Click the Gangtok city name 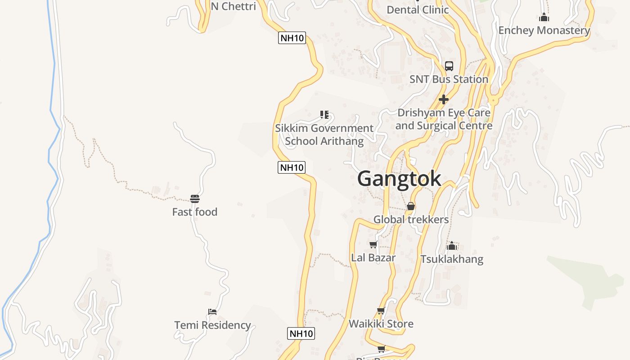(x=399, y=179)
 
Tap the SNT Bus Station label (x=449, y=79)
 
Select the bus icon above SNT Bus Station (x=449, y=66)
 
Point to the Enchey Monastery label (x=544, y=30)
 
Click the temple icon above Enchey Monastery (x=544, y=18)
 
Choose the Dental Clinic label (x=418, y=9)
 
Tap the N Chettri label (x=234, y=6)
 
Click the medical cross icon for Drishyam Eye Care (x=444, y=99)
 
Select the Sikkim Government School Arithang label (x=324, y=135)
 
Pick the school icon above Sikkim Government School (x=324, y=115)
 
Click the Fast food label (x=195, y=212)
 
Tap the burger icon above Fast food (x=195, y=199)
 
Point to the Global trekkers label (x=411, y=220)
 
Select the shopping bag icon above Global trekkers (x=411, y=207)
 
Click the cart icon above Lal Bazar (x=373, y=245)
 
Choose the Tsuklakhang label (x=452, y=259)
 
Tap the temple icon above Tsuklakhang (x=452, y=246)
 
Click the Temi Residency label (x=212, y=325)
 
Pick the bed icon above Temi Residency (x=212, y=311)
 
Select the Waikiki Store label (x=381, y=324)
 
